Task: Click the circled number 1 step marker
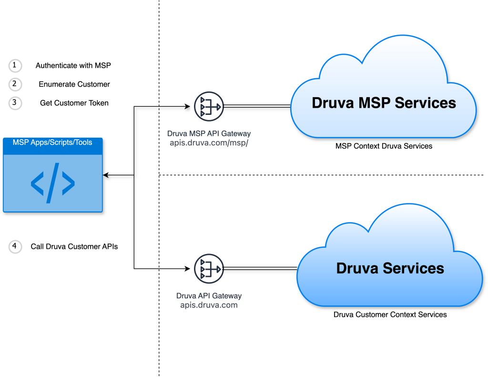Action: coord(15,65)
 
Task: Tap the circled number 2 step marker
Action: coord(15,84)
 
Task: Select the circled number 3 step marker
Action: coord(15,103)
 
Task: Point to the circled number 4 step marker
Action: coord(15,246)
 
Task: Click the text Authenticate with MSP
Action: coord(73,65)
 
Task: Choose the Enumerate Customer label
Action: coord(74,84)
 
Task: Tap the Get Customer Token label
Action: coord(74,103)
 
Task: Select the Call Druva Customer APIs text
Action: coord(74,246)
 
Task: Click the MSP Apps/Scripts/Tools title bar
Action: coord(52,143)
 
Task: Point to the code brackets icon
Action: coord(52,183)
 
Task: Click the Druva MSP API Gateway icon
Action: coord(209,107)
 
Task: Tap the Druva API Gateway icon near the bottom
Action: coord(209,269)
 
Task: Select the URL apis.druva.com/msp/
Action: coord(209,143)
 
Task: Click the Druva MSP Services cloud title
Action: coord(384,102)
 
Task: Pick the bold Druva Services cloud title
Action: coord(390,268)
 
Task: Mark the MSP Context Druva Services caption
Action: coord(384,146)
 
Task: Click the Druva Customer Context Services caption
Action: coord(390,315)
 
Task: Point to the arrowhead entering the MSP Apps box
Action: coord(106,175)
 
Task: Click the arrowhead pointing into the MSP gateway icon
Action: coord(188,107)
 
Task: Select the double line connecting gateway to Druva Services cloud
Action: coord(260,269)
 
